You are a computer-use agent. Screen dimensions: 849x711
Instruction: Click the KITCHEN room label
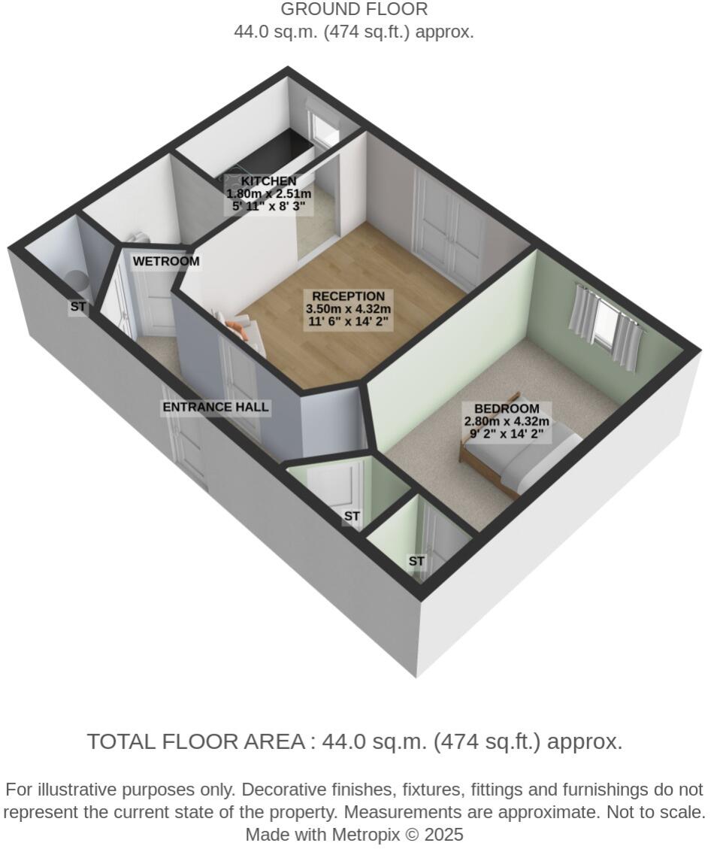tap(268, 181)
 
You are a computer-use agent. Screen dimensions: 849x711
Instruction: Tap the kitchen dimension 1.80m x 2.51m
tap(268, 194)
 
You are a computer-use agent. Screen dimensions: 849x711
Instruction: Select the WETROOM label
tap(166, 262)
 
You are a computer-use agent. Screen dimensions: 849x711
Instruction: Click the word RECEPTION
tap(348, 297)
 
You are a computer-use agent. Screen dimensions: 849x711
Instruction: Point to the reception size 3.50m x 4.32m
tap(348, 309)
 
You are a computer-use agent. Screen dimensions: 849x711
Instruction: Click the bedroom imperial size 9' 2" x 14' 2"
tap(506, 434)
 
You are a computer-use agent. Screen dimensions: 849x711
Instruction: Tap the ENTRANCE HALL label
tap(216, 408)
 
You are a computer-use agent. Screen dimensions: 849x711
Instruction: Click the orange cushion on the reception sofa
tap(237, 328)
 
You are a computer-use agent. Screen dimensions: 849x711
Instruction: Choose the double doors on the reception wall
tap(449, 229)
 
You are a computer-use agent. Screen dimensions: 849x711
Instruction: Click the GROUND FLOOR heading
tap(354, 10)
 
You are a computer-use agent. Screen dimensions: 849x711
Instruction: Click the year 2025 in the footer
tap(445, 835)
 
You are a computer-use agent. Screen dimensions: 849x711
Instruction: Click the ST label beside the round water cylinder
tap(78, 307)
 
